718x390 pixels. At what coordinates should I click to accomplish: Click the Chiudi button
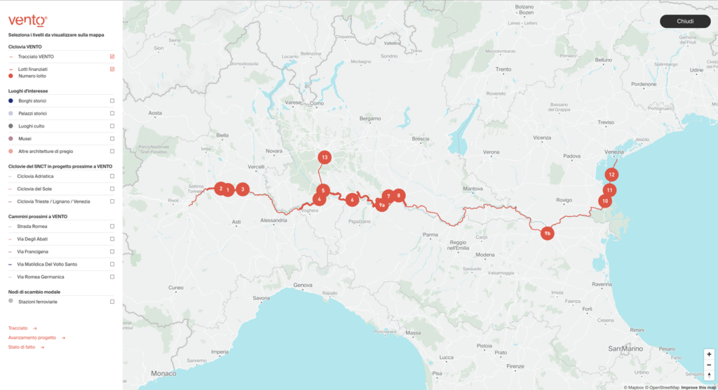[685, 21]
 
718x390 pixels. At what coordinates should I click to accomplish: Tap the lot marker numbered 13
[324, 158]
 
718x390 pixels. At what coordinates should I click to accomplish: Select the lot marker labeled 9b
[548, 233]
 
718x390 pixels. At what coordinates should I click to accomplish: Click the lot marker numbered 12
[612, 174]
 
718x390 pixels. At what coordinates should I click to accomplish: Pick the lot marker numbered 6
[352, 200]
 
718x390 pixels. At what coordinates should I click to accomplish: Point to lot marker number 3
[242, 189]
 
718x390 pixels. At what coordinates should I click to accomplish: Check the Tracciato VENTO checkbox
[112, 56]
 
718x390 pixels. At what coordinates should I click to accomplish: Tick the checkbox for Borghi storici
[112, 101]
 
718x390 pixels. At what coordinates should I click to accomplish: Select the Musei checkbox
[112, 139]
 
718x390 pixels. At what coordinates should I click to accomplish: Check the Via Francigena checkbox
[112, 252]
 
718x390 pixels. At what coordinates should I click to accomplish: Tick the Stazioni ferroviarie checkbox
[112, 302]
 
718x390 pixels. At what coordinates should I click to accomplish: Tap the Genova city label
[303, 285]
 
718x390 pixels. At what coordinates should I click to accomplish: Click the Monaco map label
[164, 373]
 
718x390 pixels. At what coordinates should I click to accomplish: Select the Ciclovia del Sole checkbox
[112, 189]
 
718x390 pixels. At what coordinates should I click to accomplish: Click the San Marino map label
[625, 349]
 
